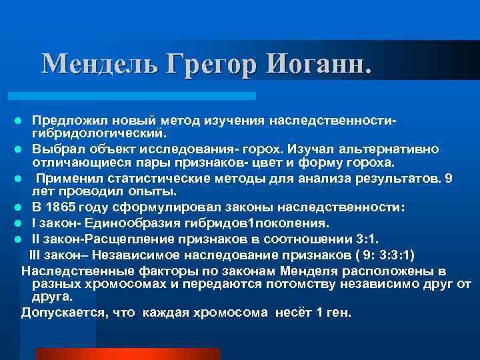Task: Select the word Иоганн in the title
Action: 314,64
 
